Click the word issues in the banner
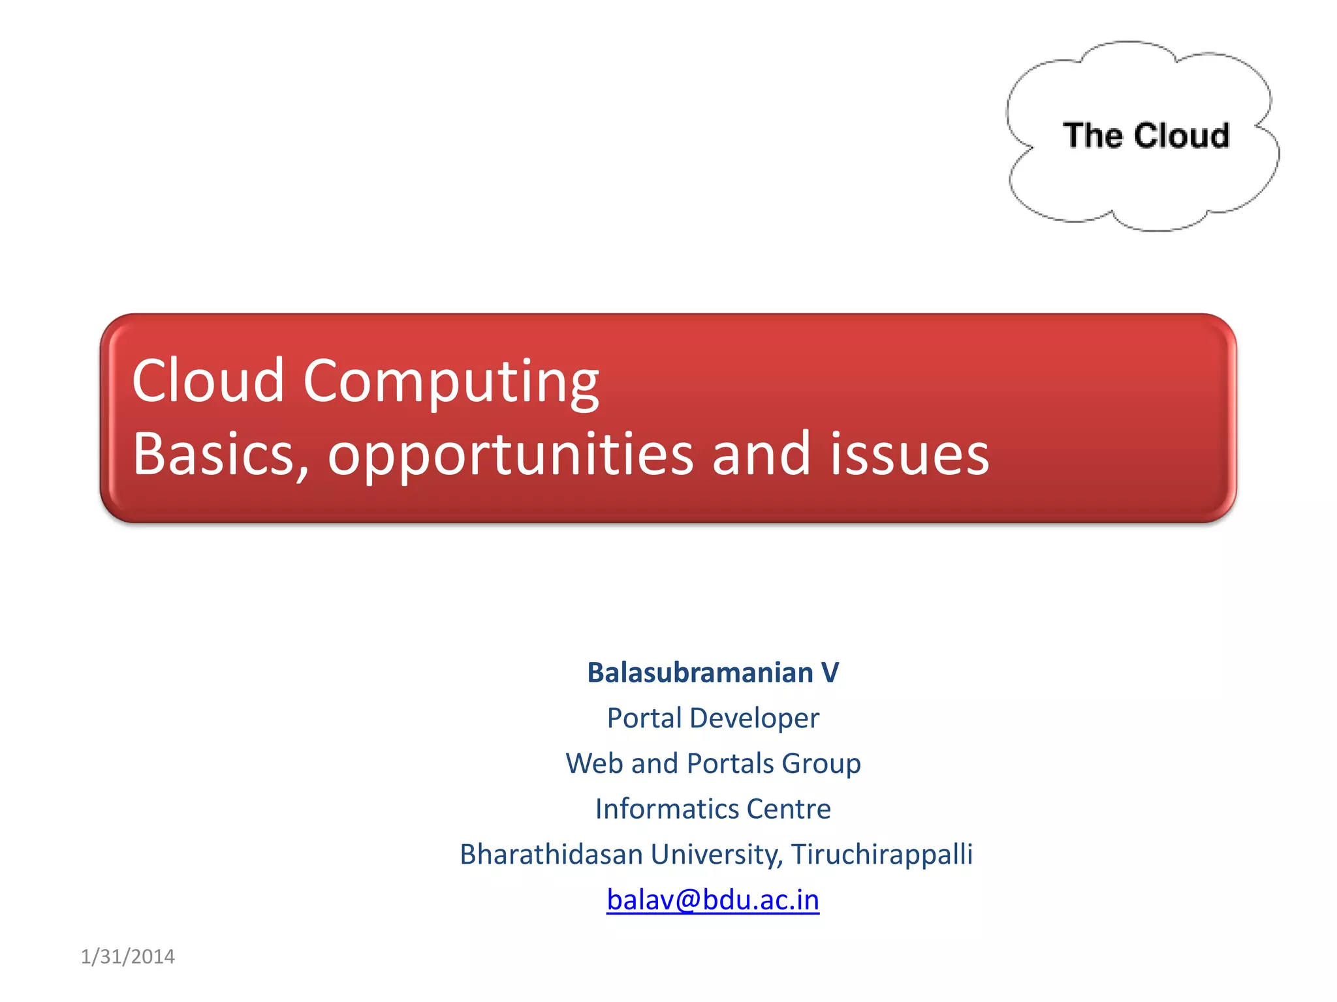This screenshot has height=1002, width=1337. point(909,454)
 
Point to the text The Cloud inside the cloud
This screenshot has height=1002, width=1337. point(1146,136)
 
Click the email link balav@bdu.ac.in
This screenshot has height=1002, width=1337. point(712,900)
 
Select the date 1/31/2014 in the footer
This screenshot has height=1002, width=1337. point(127,956)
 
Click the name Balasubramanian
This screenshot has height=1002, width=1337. point(700,673)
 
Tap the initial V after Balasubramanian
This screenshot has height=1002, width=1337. point(830,673)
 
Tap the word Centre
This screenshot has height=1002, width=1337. point(789,809)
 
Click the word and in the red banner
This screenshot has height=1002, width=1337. point(761,454)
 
